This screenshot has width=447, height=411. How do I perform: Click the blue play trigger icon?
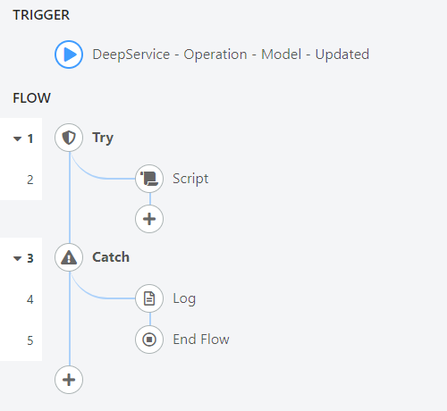[x=69, y=55]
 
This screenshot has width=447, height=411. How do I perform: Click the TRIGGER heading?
[x=41, y=15]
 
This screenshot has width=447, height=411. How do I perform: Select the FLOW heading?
[x=31, y=98]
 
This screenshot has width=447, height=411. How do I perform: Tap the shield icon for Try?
[x=69, y=138]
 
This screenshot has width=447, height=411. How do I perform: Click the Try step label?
[x=103, y=138]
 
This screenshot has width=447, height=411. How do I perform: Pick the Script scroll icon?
[x=149, y=179]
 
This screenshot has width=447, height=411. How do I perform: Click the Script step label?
[x=190, y=179]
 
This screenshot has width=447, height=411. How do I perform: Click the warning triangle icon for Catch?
[x=69, y=257]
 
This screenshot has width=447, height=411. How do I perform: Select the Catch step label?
[x=111, y=257]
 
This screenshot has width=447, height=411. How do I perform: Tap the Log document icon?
[x=149, y=298]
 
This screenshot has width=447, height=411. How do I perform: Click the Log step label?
[x=184, y=298]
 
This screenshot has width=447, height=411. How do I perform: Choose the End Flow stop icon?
[x=149, y=340]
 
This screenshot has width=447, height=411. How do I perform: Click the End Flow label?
[x=201, y=340]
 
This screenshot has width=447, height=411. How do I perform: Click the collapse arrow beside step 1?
[x=18, y=138]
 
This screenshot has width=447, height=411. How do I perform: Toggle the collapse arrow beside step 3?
[x=18, y=258]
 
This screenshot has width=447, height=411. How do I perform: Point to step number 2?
[x=30, y=180]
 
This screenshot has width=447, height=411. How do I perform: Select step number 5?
[x=30, y=340]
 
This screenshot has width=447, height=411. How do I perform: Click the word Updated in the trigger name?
[x=342, y=55]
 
